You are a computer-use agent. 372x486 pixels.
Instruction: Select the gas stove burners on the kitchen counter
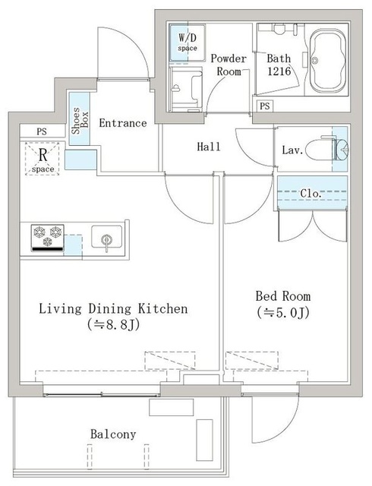coord(46,238)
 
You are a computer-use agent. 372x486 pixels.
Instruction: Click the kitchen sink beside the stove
coord(106,238)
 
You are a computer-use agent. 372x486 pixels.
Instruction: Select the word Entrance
coord(122,123)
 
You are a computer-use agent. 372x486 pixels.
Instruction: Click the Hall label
coord(208,147)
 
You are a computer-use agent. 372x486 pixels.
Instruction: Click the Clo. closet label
coord(311,194)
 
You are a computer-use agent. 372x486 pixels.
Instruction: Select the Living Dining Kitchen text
coord(112,309)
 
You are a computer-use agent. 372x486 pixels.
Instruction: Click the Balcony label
coord(113,434)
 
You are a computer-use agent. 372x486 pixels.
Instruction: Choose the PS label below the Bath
coord(264,106)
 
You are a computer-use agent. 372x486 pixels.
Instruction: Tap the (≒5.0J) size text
coord(284,312)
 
